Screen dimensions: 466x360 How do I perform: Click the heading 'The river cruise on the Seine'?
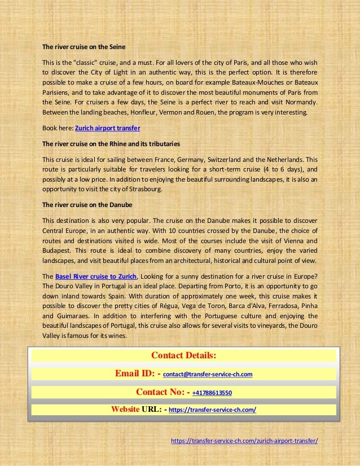[x=84, y=46]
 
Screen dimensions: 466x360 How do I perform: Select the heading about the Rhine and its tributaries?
[x=107, y=144]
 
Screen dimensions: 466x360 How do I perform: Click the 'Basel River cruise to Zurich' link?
[x=96, y=276]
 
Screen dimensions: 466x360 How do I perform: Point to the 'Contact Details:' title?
[x=184, y=355]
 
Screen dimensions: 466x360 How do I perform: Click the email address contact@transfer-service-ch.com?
[x=208, y=375]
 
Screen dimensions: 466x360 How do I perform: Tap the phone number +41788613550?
[x=212, y=393]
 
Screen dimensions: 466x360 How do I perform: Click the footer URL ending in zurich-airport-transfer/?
[x=244, y=441]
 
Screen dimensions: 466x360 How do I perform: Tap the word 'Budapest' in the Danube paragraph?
[x=56, y=250]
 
